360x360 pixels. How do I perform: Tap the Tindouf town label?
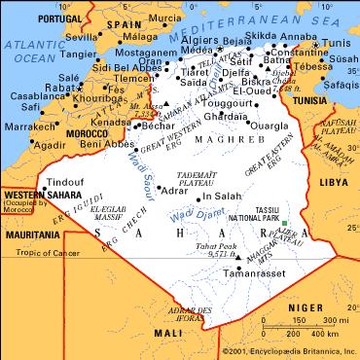pyautogui.click(x=65, y=181)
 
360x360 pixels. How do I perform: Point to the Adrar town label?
pyautogui.click(x=172, y=191)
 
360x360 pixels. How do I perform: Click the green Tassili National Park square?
pyautogui.click(x=282, y=225)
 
